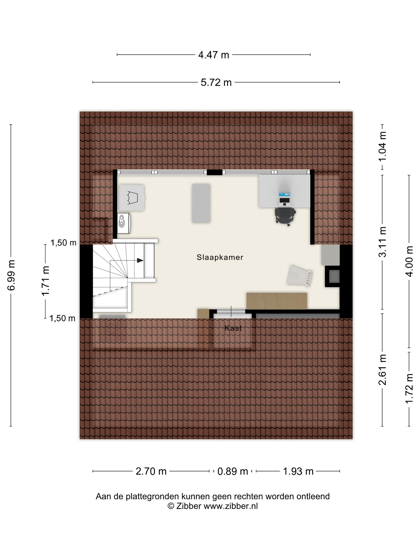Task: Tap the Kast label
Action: click(233, 328)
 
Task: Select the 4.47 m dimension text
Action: click(213, 55)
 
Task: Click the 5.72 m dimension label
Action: click(216, 83)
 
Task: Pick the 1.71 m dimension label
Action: click(46, 281)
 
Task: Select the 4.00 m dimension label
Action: click(409, 261)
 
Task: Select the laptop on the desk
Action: click(285, 199)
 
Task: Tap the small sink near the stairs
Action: click(124, 223)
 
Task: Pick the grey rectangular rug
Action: click(201, 203)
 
